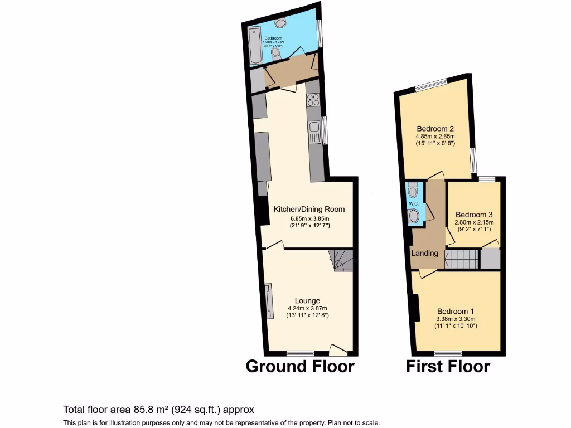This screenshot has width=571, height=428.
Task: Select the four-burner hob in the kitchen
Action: (x=313, y=100)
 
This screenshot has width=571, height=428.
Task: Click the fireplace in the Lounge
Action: (x=269, y=301)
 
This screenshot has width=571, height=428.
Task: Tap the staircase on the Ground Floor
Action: (x=341, y=260)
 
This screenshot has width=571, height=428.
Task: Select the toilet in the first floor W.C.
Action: (x=413, y=191)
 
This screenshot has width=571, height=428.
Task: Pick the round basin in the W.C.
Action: (x=413, y=216)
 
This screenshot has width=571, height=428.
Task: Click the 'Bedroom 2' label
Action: (x=435, y=129)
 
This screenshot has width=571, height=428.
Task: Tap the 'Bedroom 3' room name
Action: (x=474, y=215)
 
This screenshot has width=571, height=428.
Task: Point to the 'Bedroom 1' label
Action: (x=456, y=311)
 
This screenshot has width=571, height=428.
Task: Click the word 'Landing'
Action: (x=425, y=253)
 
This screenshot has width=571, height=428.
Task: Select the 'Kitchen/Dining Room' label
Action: (x=309, y=209)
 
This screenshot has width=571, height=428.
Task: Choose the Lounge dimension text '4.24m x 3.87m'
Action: (x=307, y=308)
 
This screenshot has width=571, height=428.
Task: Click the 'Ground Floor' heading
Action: (x=300, y=366)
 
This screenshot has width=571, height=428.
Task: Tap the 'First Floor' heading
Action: (x=448, y=366)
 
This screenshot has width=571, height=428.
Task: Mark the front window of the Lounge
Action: (x=301, y=353)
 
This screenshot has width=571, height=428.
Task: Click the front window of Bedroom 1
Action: (x=448, y=353)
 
